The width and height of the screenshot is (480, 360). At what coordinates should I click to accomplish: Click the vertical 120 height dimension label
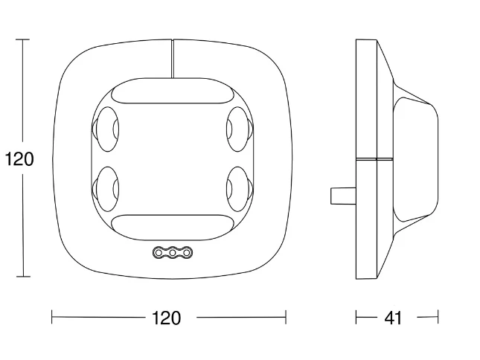(x=19, y=159)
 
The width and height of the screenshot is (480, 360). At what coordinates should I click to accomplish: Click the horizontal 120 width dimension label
(x=166, y=318)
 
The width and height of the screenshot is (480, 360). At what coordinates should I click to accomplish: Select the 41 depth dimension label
(x=393, y=318)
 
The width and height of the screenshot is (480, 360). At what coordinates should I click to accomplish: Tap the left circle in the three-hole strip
(x=159, y=253)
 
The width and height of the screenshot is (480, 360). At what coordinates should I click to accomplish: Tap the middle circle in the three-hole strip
(x=173, y=253)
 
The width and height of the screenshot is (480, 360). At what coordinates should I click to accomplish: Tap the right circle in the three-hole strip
(x=187, y=253)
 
